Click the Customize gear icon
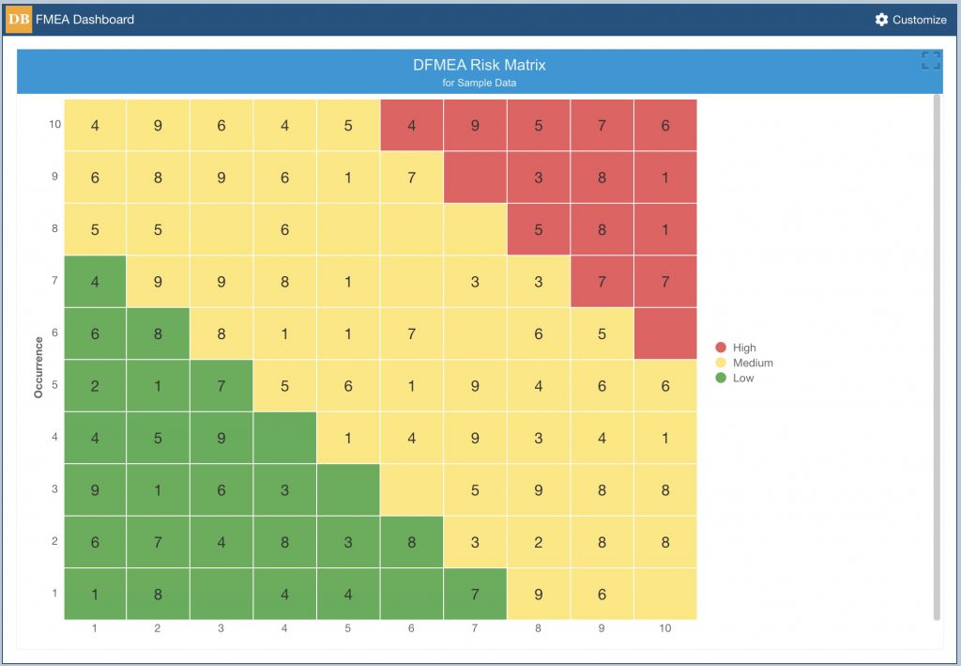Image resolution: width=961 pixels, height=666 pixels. tap(881, 20)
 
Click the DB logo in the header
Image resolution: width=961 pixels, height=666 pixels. tap(19, 20)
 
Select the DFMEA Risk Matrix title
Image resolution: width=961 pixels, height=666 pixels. tap(480, 65)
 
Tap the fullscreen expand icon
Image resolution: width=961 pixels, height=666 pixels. tap(931, 60)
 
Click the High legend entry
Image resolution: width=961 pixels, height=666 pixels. tap(736, 348)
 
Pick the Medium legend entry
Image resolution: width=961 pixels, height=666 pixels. tap(744, 363)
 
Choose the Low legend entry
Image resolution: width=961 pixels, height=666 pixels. tap(734, 378)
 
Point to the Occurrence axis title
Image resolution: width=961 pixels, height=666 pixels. tap(38, 367)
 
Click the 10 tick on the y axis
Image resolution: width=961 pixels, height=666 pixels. tap(55, 125)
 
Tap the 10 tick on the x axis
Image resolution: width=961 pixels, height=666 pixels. tap(665, 628)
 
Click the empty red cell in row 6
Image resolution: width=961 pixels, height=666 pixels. tap(665, 333)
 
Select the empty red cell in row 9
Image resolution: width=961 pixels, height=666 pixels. tap(475, 178)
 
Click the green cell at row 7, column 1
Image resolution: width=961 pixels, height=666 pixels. tap(95, 282)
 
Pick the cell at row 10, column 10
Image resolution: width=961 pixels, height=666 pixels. tap(665, 125)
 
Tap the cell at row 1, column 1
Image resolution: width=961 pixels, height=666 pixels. tap(95, 594)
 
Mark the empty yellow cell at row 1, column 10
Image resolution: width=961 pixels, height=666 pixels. tap(665, 594)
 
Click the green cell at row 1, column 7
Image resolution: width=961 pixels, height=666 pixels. tap(475, 594)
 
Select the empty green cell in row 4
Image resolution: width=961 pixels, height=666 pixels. tap(285, 438)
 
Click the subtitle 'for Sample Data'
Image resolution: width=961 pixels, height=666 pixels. tap(480, 83)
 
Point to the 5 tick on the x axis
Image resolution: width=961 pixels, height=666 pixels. tap(347, 628)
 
